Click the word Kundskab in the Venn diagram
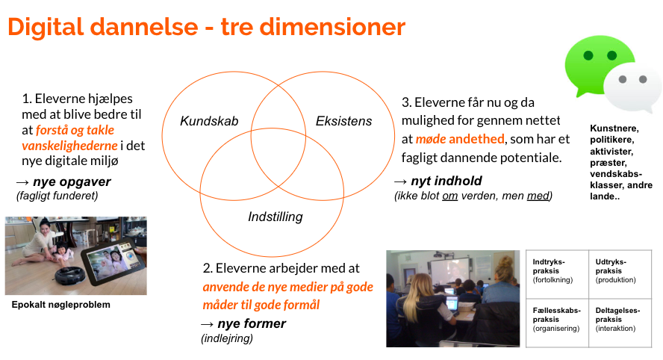[x=209, y=121]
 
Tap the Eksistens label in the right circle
[x=343, y=121]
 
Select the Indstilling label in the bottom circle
[x=276, y=217]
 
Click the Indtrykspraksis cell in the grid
[x=557, y=274]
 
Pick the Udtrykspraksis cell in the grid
[x=620, y=274]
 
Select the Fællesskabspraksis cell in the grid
[x=557, y=323]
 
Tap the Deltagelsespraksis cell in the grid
[x=620, y=323]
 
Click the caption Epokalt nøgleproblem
[x=61, y=305]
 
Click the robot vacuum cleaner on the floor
[x=70, y=276]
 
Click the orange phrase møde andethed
[x=460, y=139]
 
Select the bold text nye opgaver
[x=72, y=182]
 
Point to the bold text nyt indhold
[x=446, y=181]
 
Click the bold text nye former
[x=252, y=323]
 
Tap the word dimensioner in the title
[x=332, y=27]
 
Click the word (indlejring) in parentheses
[x=227, y=338]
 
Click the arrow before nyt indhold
[x=400, y=182]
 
